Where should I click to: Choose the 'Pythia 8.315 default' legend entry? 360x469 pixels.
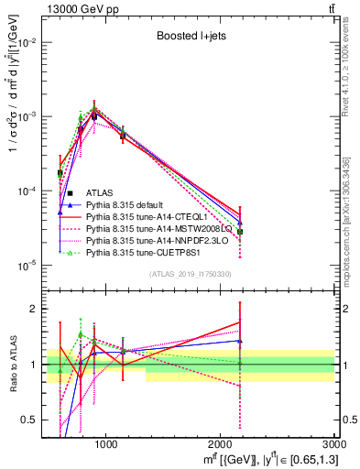coord(134,206)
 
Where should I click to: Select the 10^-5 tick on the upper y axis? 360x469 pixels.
coord(30,266)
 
